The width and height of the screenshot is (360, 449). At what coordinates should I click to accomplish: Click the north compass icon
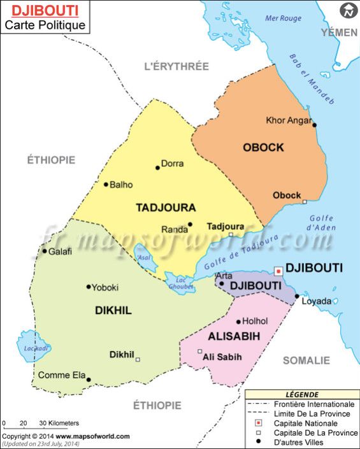pos(348,10)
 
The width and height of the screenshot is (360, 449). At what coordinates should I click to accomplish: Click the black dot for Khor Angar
pos(314,125)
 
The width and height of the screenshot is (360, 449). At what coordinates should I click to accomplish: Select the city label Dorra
pos(172,164)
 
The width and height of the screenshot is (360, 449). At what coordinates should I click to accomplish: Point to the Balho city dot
pos(106,185)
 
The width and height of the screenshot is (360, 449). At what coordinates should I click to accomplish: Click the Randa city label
pos(174,229)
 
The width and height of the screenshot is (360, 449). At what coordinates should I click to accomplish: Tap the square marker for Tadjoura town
pos(231,234)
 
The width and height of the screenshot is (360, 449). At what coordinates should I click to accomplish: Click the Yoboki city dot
pos(89,287)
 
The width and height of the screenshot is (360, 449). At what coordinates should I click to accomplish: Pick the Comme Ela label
pos(61,375)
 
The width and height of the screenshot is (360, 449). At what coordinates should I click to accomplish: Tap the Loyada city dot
pos(297,296)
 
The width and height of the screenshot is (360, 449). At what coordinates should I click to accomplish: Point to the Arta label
pos(224,276)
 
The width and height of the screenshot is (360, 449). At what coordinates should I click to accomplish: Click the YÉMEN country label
pos(340,32)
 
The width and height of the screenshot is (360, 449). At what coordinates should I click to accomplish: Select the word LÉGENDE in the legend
pos(302,395)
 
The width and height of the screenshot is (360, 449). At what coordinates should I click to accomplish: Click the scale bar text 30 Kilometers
pos(59,423)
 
